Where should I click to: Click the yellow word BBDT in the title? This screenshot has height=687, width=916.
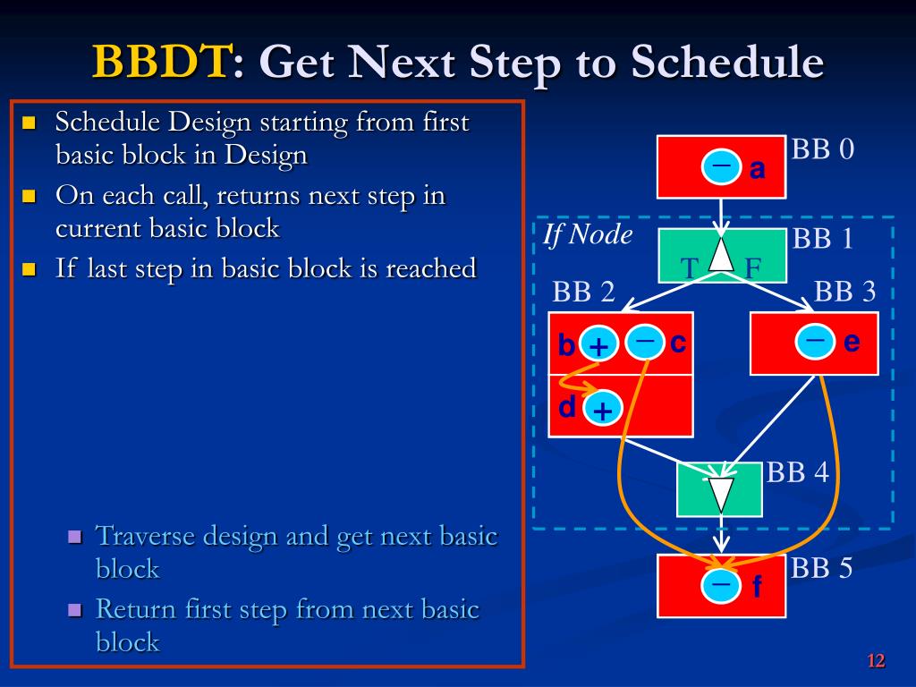click(161, 61)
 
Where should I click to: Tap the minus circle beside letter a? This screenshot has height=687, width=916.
click(722, 166)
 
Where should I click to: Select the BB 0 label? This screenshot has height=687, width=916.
click(823, 149)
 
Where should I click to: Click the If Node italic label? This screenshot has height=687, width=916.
click(587, 234)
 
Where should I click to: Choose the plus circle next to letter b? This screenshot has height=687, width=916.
click(598, 344)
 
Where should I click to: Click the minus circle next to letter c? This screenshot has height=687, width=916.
click(645, 341)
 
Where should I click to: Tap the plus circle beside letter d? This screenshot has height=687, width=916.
click(602, 408)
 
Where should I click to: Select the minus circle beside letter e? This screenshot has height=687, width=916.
click(814, 341)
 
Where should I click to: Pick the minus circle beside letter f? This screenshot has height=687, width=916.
click(722, 584)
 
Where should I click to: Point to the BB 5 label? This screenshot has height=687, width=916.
click(821, 568)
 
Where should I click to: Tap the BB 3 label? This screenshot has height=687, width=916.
click(844, 291)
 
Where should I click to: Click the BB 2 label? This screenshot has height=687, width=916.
click(583, 291)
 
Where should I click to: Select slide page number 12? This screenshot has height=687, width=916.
click(876, 661)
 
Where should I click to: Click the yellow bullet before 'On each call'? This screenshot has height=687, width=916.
click(29, 195)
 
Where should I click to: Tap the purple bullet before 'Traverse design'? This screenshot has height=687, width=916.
click(75, 537)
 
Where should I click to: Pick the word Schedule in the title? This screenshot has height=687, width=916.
click(727, 61)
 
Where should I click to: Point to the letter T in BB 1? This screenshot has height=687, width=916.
click(689, 268)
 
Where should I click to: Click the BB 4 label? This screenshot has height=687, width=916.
click(797, 472)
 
